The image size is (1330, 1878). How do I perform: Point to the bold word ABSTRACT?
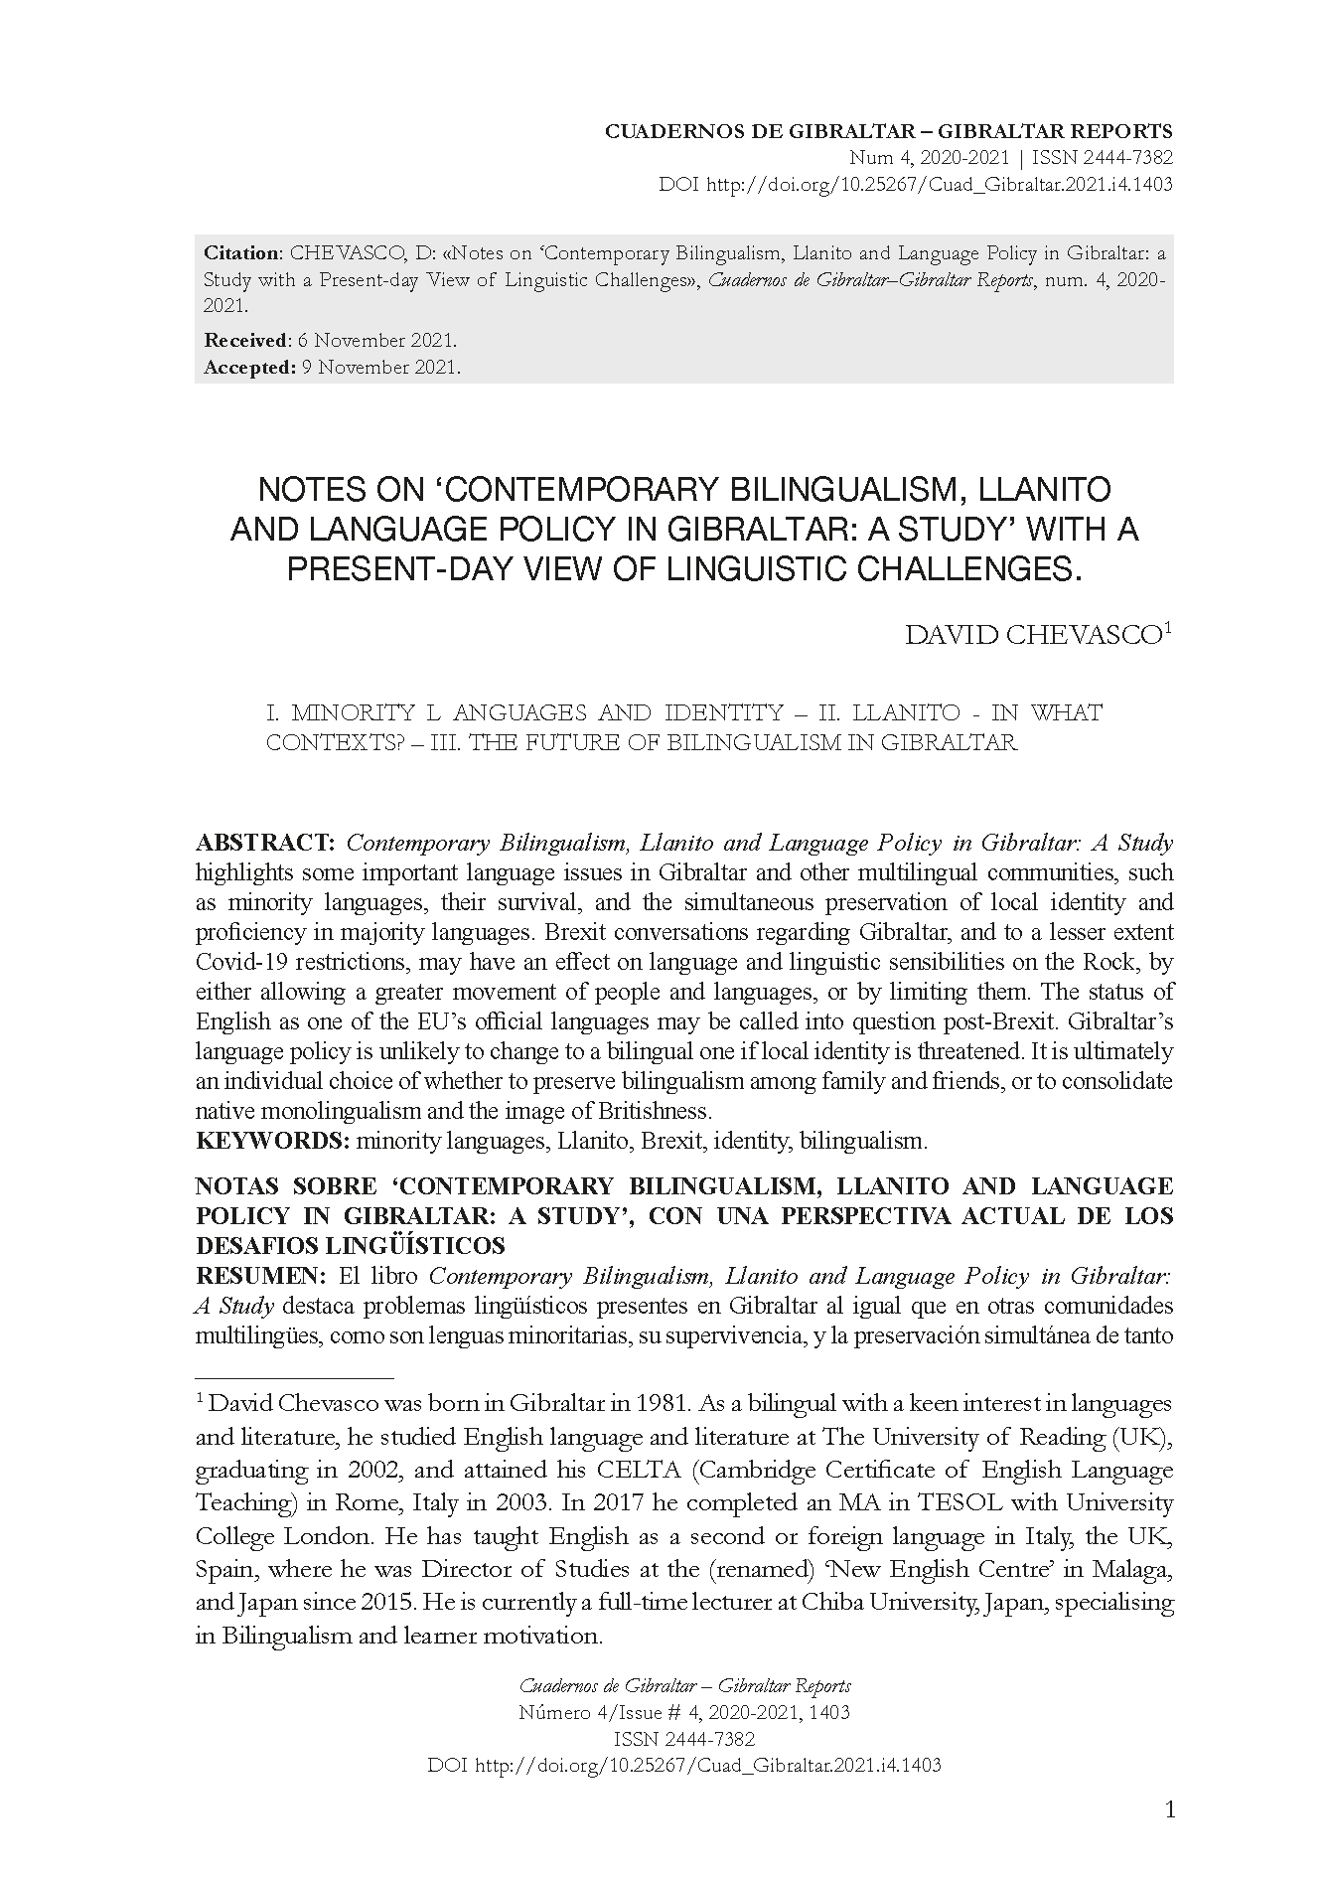264,844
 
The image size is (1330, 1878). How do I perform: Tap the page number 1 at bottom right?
1169,1809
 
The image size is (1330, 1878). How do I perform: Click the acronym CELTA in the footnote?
637,1470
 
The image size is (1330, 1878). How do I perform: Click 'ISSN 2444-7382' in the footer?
684,1739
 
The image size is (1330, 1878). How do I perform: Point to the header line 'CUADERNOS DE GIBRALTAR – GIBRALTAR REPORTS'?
888,131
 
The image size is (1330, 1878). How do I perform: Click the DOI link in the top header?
939,185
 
